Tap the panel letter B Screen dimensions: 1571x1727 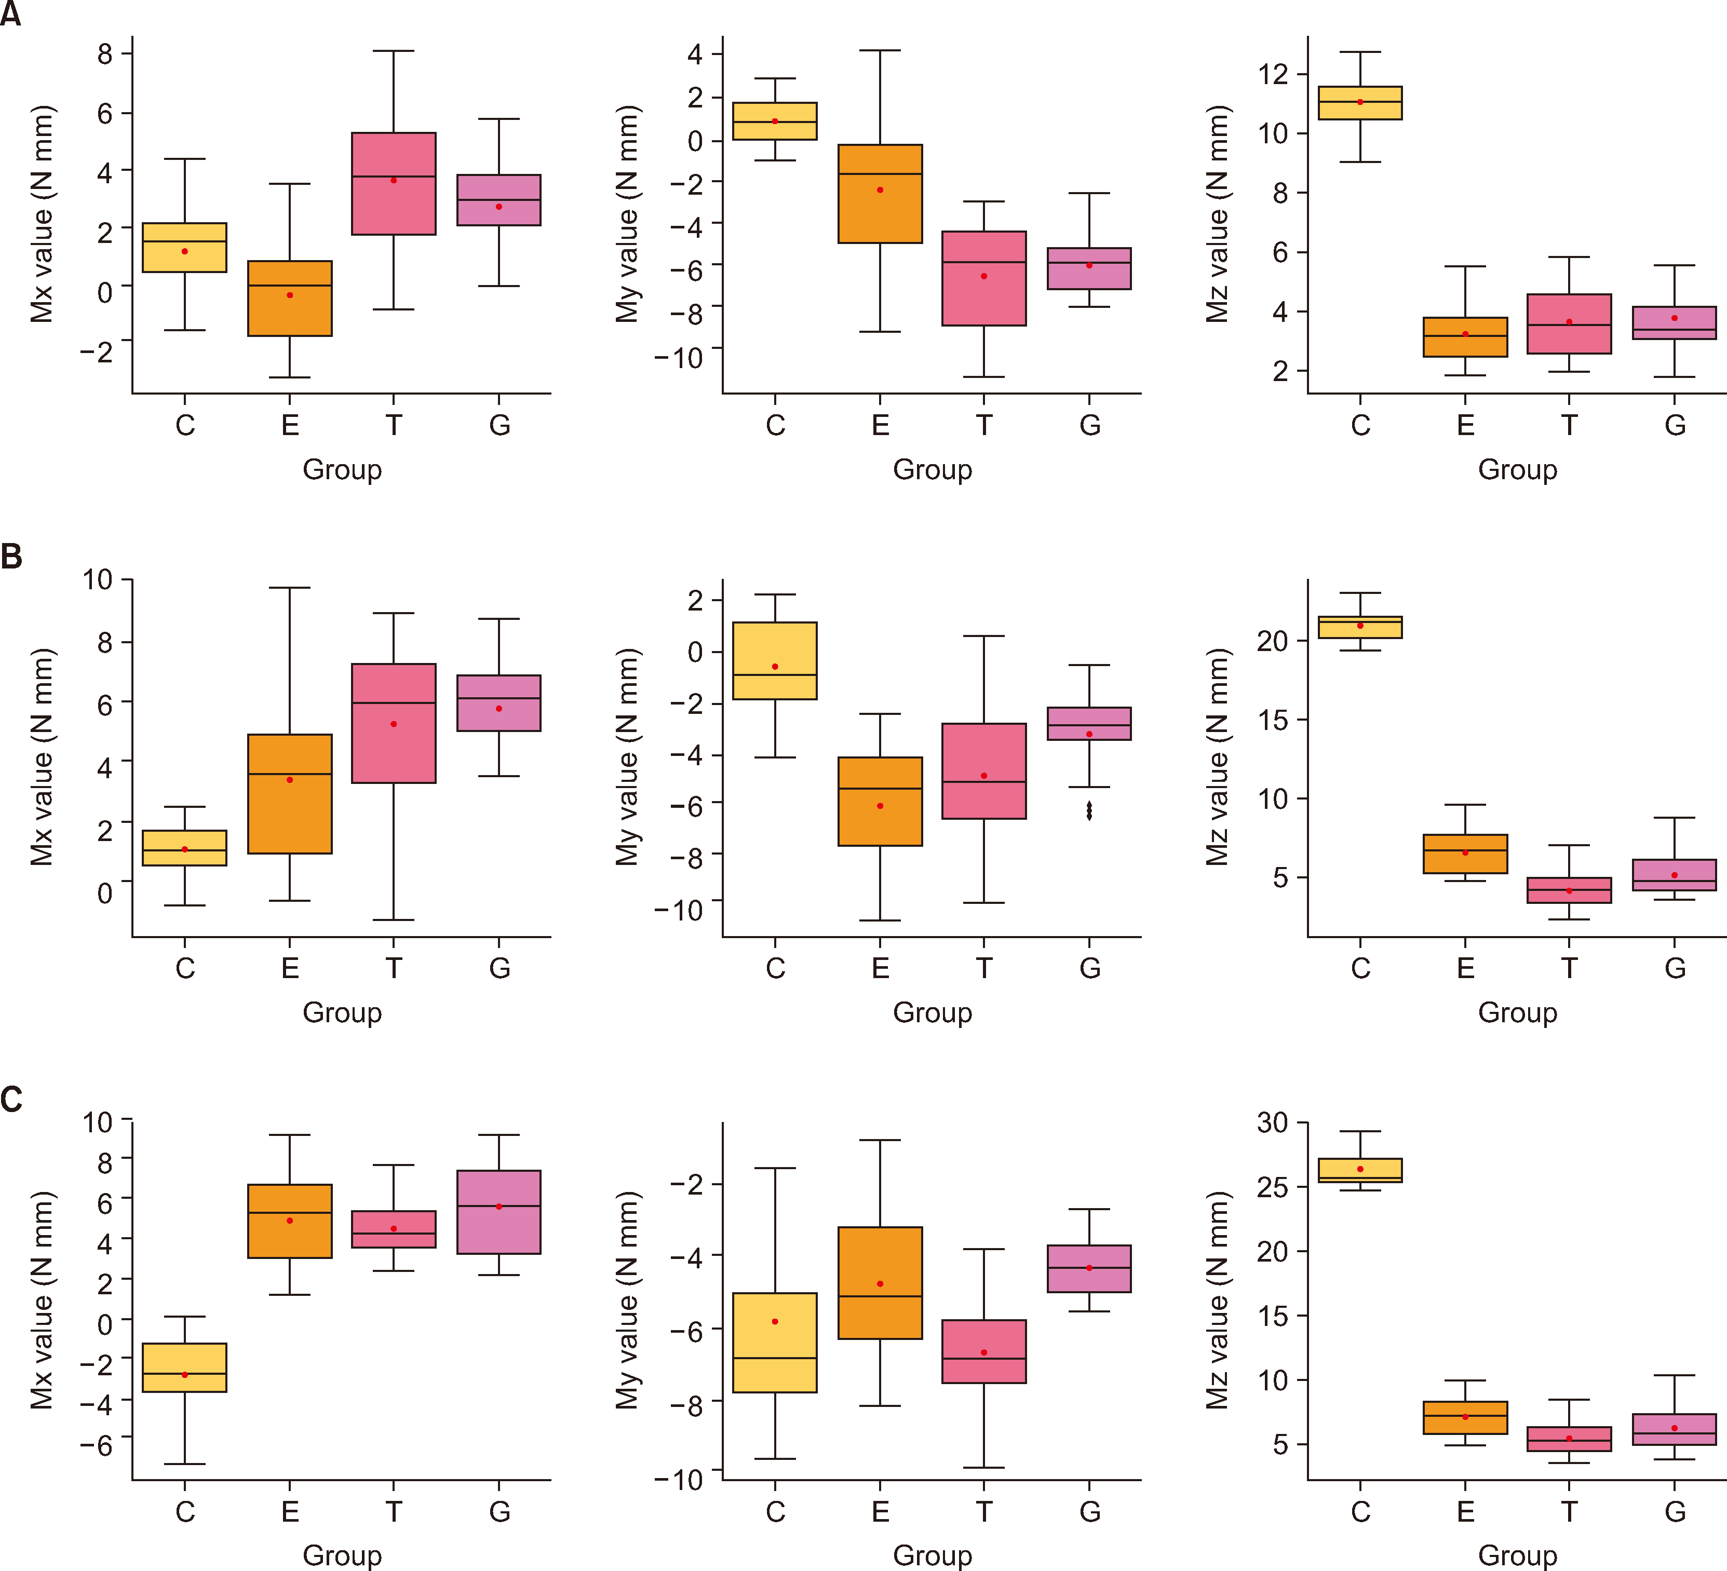click(11, 557)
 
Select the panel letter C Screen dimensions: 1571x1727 click(11, 1099)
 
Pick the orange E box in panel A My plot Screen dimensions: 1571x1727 click(880, 194)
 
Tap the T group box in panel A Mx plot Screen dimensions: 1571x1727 click(393, 183)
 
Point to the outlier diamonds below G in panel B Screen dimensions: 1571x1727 click(1089, 810)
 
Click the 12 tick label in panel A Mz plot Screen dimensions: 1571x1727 click(1273, 75)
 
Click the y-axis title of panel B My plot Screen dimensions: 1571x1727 click(628, 757)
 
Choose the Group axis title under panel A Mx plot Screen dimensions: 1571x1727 click(342, 469)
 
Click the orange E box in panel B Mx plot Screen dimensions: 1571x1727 click(290, 793)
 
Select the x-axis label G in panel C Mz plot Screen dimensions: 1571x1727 click(1675, 1511)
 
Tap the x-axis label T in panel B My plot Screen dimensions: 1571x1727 click(984, 968)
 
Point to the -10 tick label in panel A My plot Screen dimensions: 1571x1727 click(679, 357)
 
